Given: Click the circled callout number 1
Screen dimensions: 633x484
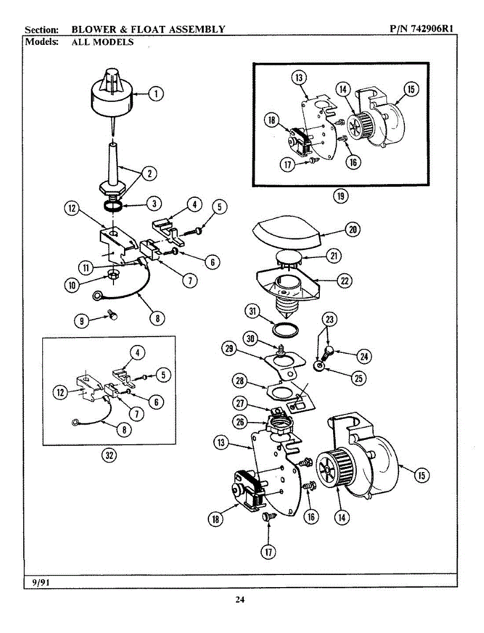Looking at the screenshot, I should (155, 94).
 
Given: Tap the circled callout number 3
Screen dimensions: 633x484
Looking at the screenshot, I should (154, 203).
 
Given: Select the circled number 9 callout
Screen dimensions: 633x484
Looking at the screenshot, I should (81, 321).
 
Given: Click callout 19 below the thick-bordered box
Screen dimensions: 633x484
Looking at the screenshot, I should (340, 197).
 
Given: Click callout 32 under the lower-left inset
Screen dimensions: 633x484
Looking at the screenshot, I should (109, 457).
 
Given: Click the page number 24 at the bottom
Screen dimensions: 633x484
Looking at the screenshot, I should (240, 599).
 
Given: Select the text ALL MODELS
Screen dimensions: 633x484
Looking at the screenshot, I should (102, 42).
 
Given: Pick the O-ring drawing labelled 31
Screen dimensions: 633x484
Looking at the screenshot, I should (286, 330).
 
